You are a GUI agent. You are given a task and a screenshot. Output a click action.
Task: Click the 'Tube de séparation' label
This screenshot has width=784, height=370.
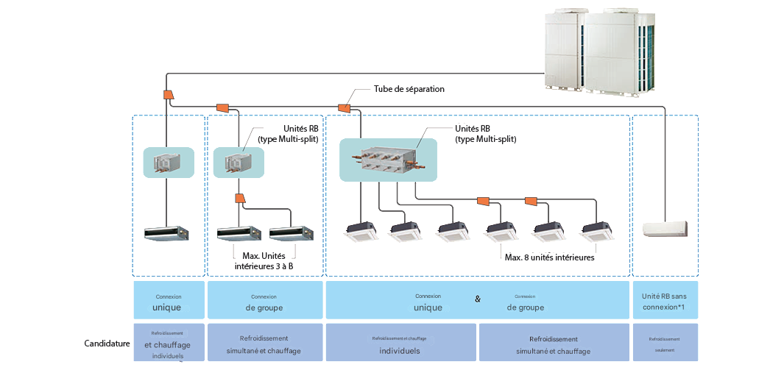click(x=409, y=89)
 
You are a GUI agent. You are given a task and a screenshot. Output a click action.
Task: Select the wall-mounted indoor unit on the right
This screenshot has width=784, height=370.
click(x=665, y=229)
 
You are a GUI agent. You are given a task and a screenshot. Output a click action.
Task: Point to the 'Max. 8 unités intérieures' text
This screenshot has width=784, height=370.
click(x=549, y=257)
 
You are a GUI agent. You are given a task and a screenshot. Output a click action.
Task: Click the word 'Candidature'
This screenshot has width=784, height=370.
click(x=107, y=344)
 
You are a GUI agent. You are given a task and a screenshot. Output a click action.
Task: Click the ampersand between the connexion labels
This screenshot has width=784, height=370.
click(x=478, y=299)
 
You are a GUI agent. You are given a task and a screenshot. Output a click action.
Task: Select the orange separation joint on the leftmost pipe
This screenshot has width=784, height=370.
click(x=167, y=95)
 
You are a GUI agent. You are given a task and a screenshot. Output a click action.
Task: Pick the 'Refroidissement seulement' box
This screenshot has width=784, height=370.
click(x=665, y=344)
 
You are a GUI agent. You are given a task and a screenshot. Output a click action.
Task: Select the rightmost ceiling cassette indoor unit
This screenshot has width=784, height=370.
click(x=597, y=232)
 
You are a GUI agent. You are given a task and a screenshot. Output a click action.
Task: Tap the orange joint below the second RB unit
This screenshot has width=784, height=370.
click(x=239, y=198)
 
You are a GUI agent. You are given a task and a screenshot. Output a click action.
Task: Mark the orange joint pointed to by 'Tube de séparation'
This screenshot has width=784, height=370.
click(x=343, y=107)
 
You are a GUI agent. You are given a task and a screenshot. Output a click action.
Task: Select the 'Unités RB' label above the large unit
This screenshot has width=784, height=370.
click(x=485, y=134)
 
